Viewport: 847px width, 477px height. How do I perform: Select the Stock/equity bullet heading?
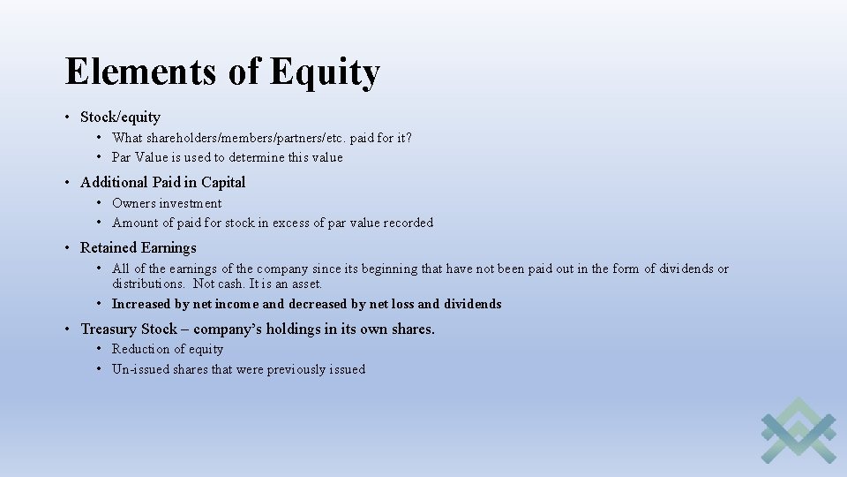coord(120,117)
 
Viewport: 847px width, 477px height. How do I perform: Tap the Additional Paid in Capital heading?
coord(162,182)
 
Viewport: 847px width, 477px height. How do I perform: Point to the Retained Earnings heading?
coord(138,247)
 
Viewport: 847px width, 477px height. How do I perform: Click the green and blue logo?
coord(798,430)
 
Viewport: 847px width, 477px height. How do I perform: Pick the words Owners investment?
coord(167,203)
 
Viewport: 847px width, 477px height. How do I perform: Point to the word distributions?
coord(148,284)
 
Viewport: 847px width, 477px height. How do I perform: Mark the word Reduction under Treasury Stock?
coord(139,349)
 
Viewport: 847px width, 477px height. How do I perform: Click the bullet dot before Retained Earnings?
coord(68,247)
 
